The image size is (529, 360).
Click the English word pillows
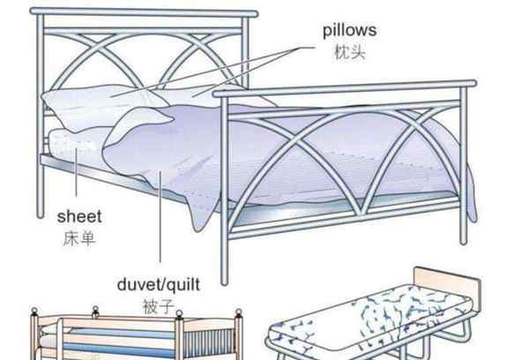tap(349, 31)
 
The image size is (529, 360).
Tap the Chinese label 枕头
tap(350, 53)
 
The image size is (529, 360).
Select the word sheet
tap(79, 216)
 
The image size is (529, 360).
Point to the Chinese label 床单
tap(79, 238)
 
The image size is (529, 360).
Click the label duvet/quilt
tap(159, 285)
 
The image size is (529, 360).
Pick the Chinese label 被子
tap(159, 307)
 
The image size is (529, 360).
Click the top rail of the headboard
tap(144, 12)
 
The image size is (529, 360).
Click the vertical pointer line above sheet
tap(76, 172)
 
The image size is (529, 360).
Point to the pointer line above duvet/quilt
tap(160, 216)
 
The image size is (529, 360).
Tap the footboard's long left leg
tap(224, 189)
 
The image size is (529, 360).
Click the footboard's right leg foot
tap(464, 241)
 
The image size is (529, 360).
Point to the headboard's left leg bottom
tap(41, 214)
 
